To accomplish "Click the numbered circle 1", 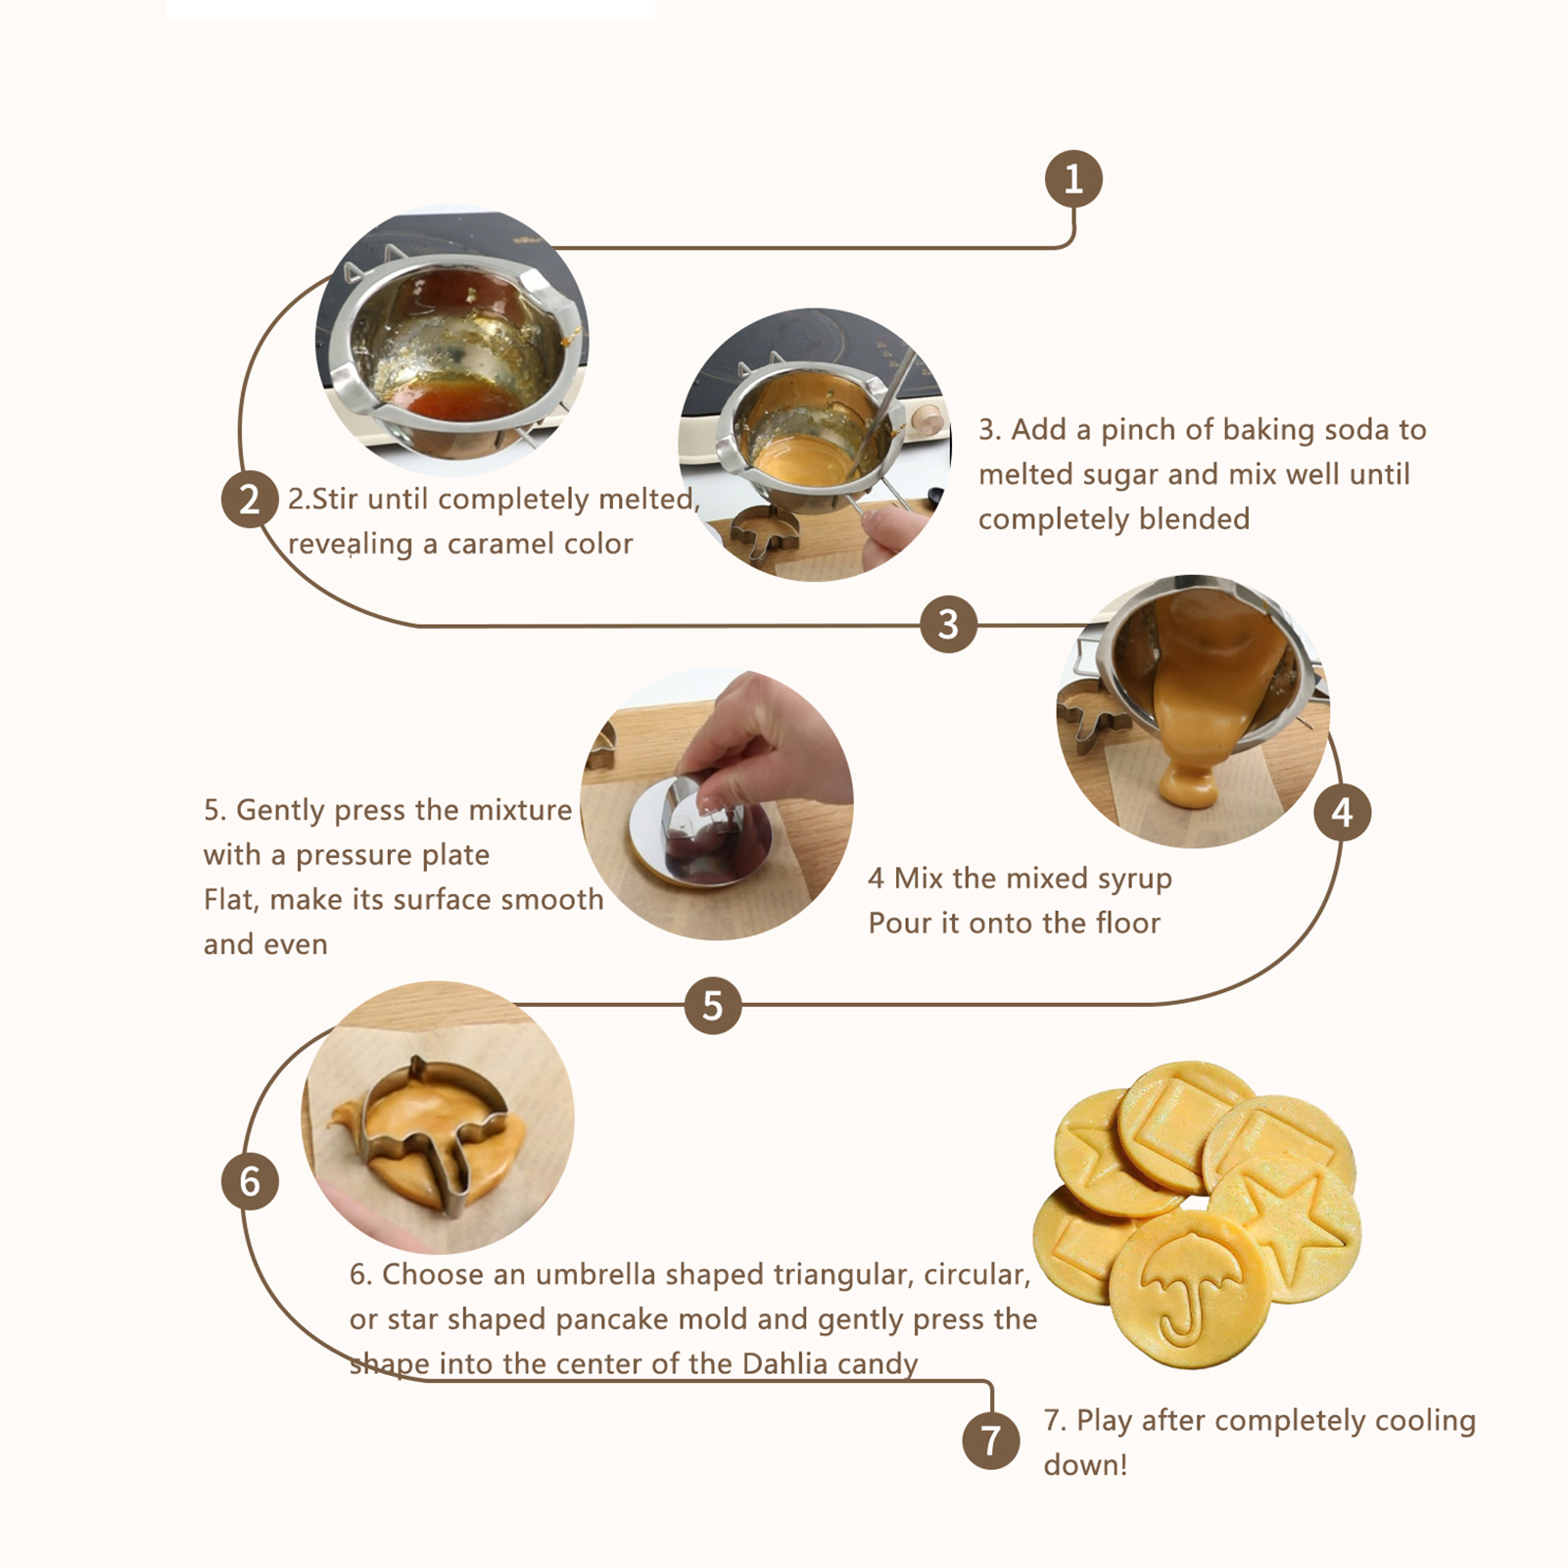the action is (1073, 178).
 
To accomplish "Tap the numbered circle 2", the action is (250, 499).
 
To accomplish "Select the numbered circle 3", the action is (948, 624).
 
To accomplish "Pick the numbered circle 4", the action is (1342, 812).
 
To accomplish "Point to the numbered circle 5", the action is (712, 1005).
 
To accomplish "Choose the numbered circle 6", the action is (250, 1181).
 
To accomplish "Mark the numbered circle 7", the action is (991, 1441).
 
